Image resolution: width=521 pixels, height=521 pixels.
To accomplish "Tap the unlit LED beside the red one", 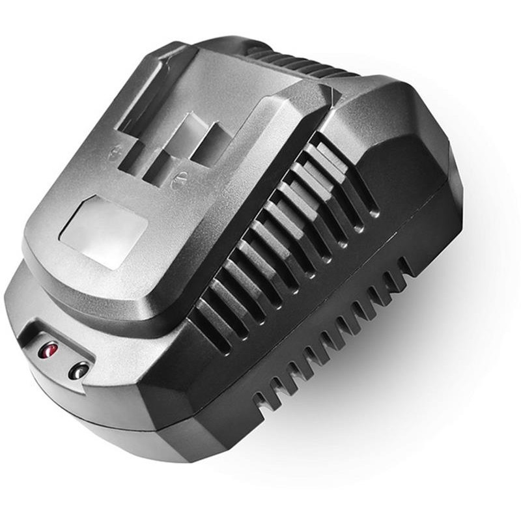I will tap(79, 371).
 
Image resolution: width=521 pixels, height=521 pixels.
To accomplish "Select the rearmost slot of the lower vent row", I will tap(405, 267).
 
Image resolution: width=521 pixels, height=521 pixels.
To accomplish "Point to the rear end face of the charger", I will tap(449, 189).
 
